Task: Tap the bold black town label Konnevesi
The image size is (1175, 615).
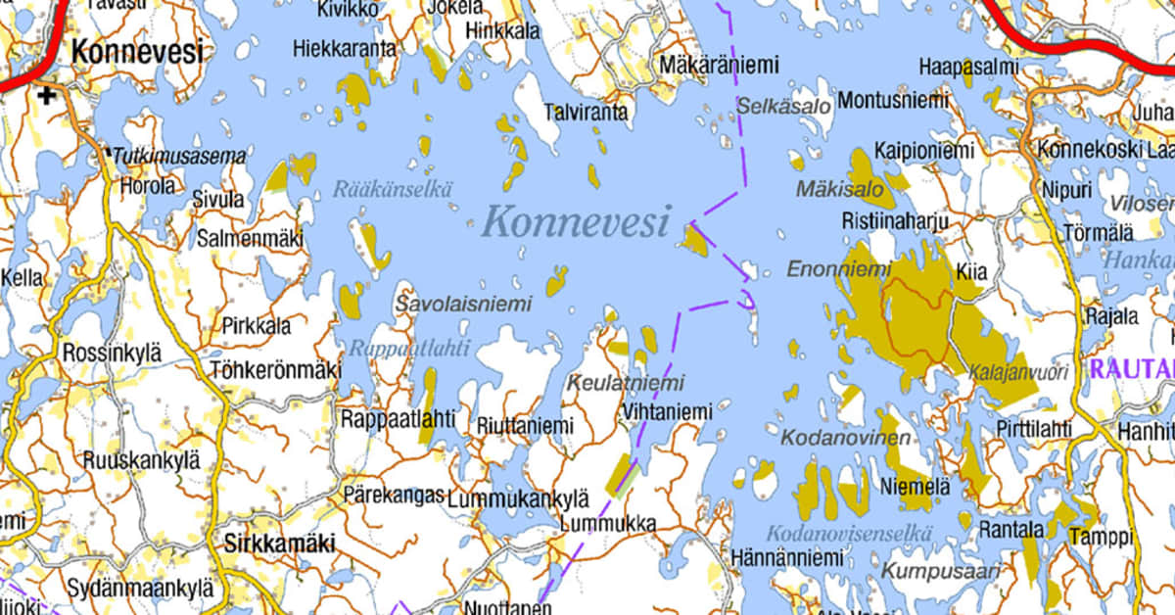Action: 138,51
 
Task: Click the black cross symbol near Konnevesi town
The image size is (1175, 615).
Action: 45,96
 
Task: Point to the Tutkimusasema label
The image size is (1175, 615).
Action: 178,156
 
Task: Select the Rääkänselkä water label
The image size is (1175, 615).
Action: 392,190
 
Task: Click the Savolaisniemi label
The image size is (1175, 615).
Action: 463,305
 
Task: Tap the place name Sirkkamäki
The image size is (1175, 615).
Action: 279,544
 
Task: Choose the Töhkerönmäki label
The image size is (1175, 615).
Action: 275,371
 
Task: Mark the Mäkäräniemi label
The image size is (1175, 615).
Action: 719,65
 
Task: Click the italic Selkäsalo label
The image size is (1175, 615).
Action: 786,105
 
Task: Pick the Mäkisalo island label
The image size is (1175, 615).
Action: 839,187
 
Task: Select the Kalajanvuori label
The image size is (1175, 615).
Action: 1017,372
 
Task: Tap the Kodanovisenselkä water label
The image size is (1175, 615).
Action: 849,534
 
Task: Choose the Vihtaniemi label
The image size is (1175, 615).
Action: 667,412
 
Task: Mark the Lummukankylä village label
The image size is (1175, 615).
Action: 518,498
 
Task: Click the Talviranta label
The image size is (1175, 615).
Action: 586,113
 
